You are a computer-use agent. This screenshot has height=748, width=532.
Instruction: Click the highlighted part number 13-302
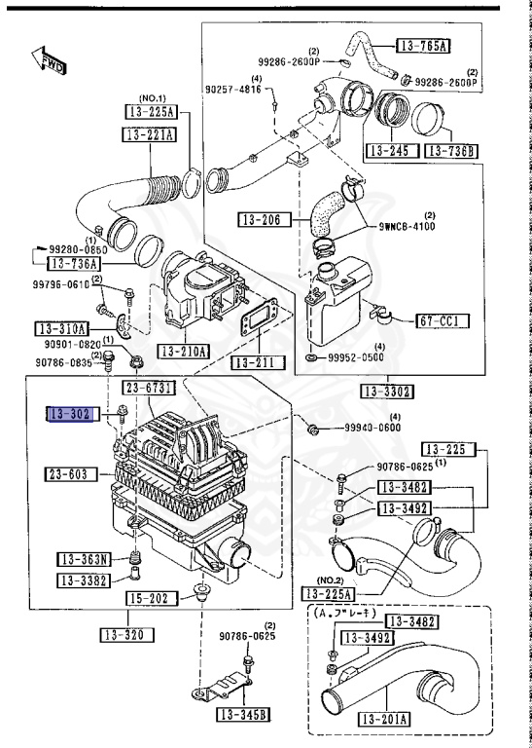[69, 415]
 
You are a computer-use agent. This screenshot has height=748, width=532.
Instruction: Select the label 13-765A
[429, 46]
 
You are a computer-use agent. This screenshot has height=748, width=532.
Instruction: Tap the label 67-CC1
[443, 320]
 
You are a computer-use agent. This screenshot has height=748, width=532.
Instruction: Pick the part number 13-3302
[385, 392]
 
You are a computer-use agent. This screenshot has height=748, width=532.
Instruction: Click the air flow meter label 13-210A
[183, 351]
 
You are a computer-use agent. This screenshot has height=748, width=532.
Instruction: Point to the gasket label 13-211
[258, 363]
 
